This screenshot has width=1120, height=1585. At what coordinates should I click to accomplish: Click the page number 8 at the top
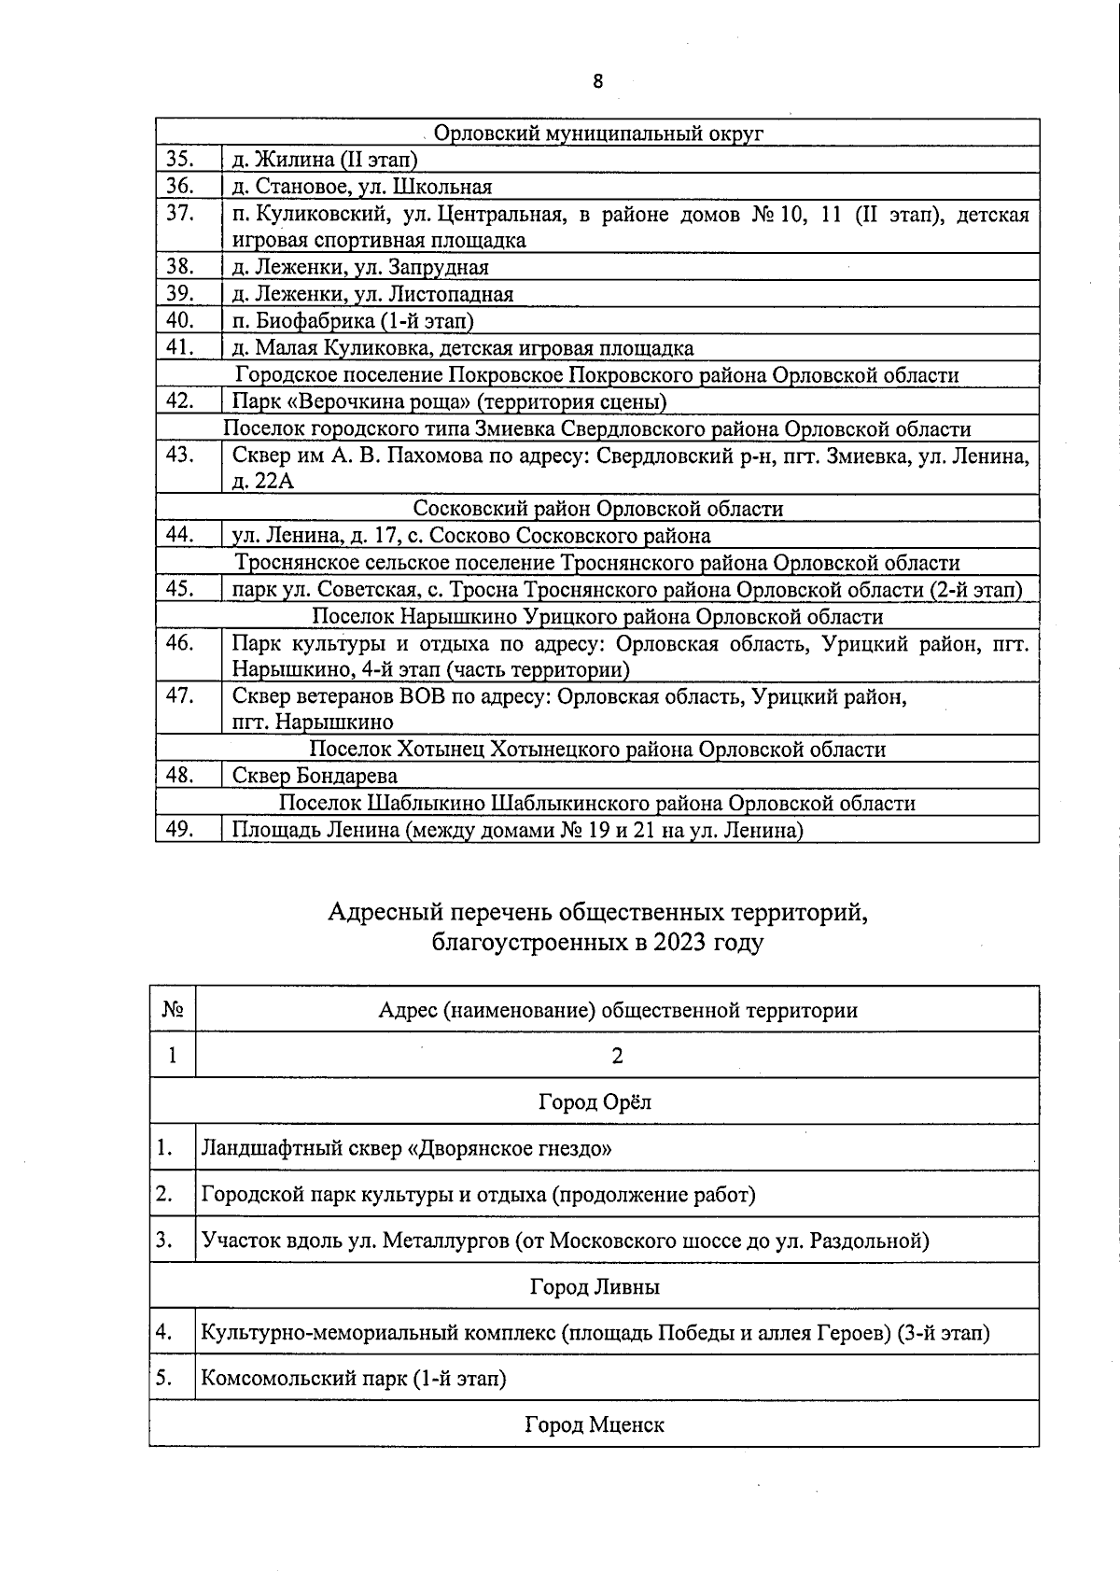pos(597,81)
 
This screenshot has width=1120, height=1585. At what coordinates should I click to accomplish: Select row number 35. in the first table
pos(179,160)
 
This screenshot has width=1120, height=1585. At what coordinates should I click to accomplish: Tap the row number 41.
pos(179,348)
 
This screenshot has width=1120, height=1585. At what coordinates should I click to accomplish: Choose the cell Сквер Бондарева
pos(315,776)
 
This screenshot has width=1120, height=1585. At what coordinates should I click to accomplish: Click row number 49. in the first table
pos(179,830)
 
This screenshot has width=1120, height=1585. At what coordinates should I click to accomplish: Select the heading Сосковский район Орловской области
pos(598,509)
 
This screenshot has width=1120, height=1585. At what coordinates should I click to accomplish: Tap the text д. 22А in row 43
pos(262,482)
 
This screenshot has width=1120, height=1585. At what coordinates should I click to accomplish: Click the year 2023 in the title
pos(680,943)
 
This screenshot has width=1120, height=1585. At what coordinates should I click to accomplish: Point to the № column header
pos(172,1010)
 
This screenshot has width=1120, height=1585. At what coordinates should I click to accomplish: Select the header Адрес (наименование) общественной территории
pos(618,1010)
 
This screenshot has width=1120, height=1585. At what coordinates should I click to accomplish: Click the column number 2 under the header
pos(617,1056)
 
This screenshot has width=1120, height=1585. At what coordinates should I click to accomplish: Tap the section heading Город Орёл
pos(595,1101)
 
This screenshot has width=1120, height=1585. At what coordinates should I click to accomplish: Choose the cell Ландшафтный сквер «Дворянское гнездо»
pos(406,1148)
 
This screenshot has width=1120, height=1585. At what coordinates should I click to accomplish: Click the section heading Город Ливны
pos(595,1287)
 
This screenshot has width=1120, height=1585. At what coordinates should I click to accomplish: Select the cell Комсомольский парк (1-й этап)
pos(354,1379)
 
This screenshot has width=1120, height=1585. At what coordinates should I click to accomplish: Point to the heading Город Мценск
pos(595,1425)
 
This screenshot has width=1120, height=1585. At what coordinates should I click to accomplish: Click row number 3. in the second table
pos(165,1241)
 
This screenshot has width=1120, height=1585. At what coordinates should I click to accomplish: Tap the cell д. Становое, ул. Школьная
pos(361,187)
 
